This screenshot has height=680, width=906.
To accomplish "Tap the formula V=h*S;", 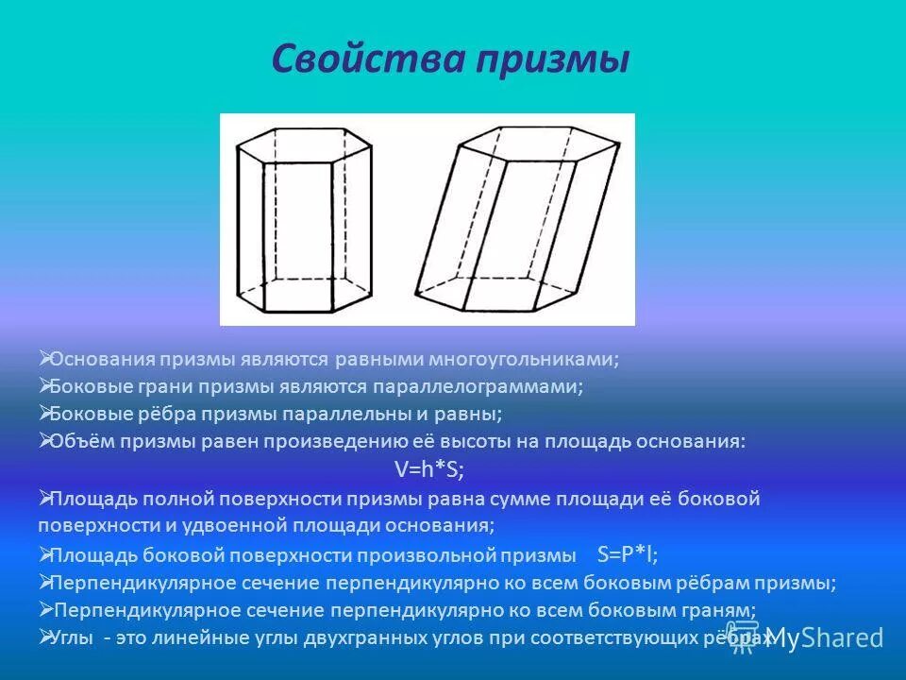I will (x=428, y=469).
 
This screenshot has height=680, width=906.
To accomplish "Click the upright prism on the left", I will (x=303, y=221).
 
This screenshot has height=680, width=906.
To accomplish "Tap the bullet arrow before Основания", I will (x=44, y=358).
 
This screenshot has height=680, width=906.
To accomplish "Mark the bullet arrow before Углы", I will (x=44, y=637).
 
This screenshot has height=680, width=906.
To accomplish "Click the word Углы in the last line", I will (x=74, y=638).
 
